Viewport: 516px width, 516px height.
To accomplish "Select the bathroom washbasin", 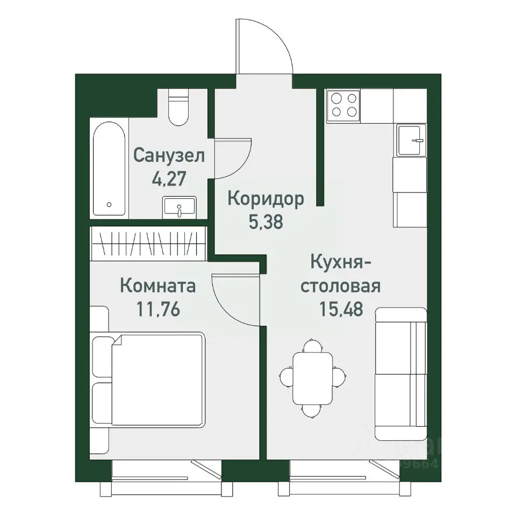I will click(x=179, y=207).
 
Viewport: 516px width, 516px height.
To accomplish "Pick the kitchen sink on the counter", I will click(x=411, y=140).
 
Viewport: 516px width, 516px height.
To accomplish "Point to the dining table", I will click(x=312, y=378).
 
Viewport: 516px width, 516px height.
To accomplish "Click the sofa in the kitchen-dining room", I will click(x=400, y=373).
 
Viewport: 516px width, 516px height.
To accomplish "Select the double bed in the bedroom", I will click(x=150, y=379).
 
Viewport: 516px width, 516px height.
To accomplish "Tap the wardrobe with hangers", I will click(x=149, y=243).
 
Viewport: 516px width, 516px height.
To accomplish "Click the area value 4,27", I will click(x=169, y=179).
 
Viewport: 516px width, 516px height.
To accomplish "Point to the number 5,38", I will click(x=266, y=222).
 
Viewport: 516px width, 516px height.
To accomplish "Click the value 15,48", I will click(x=340, y=310).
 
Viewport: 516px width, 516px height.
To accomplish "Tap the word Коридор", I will click(x=266, y=199).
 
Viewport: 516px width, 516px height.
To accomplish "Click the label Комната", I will click(x=157, y=285).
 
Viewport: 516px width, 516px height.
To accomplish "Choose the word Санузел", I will click(x=169, y=156).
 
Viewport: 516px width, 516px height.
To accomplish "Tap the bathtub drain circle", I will click(x=109, y=205).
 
